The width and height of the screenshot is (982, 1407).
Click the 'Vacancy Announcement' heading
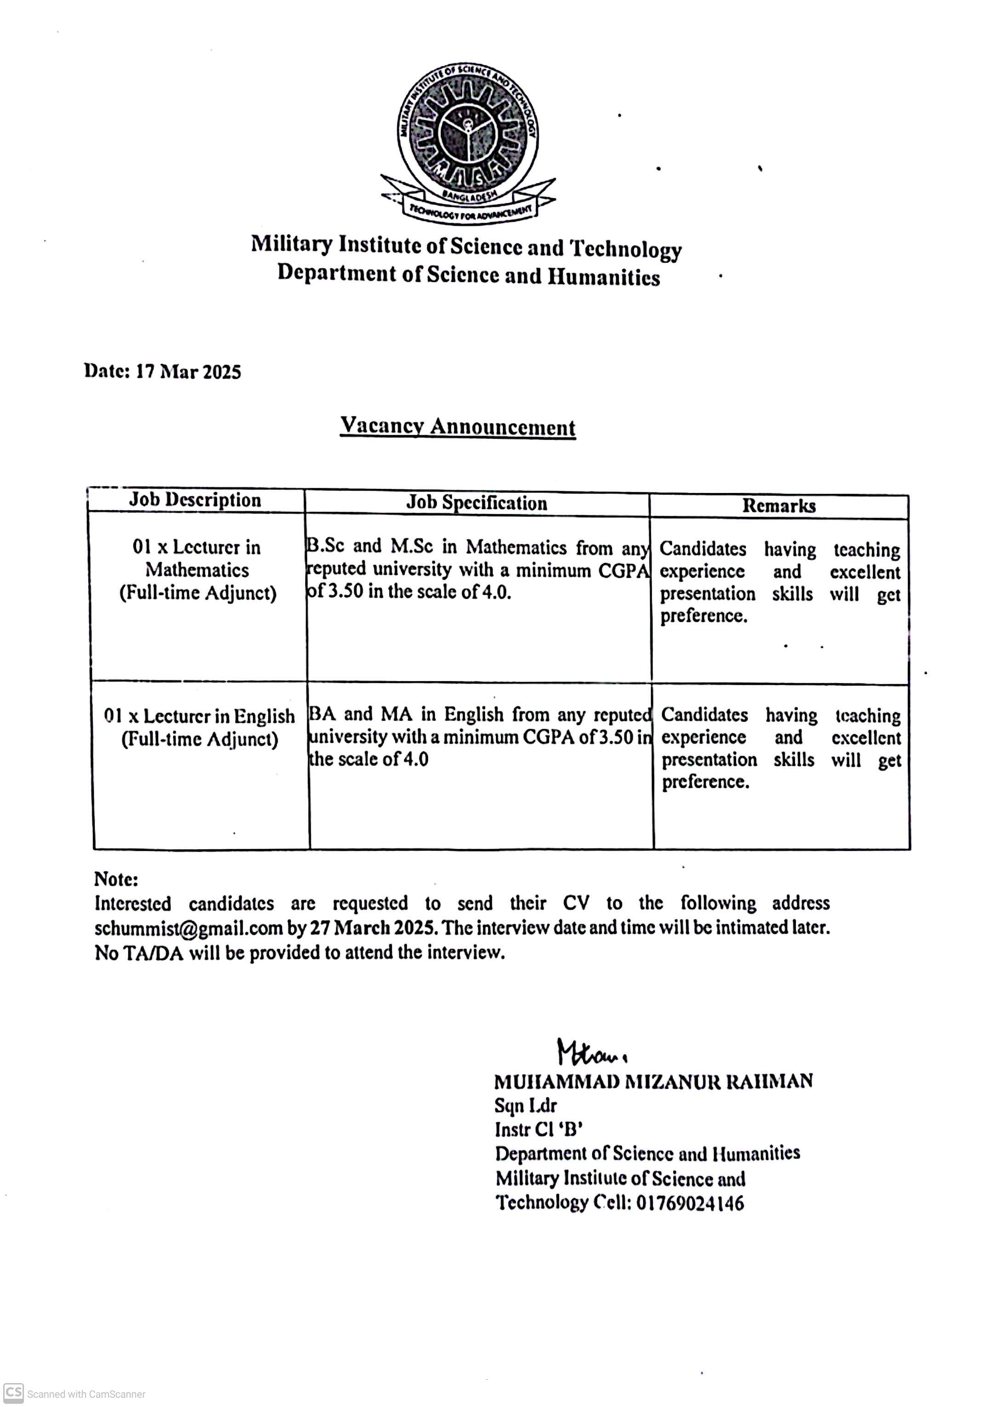coord(457,426)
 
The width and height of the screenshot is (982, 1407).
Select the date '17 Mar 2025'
coord(188,372)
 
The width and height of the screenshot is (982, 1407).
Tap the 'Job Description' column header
coord(195,500)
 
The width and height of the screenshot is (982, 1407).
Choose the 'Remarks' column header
coord(779,506)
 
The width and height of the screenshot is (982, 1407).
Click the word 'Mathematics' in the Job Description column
coord(197,570)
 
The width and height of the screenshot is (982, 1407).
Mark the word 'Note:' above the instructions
coord(116,879)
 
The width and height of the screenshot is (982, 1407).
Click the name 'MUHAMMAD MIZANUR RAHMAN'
coord(653,1081)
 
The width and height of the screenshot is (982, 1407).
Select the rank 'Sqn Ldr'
coord(525,1106)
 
